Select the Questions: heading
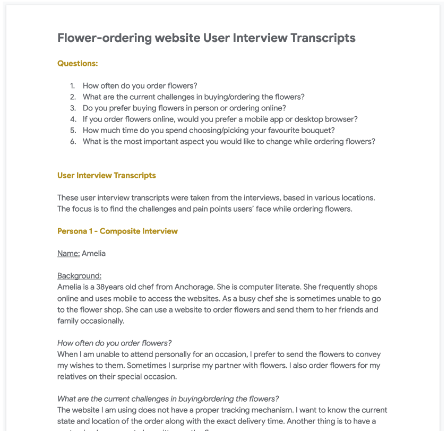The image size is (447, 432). click(78, 64)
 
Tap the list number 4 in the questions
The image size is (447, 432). click(73, 119)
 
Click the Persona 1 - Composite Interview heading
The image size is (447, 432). click(117, 231)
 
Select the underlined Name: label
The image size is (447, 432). click(68, 254)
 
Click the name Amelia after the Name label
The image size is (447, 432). click(93, 254)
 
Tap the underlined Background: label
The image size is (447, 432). click(79, 276)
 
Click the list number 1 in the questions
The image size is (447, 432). click(73, 86)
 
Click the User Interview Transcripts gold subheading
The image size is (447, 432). click(107, 176)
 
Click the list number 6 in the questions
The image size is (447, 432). click(73, 142)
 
